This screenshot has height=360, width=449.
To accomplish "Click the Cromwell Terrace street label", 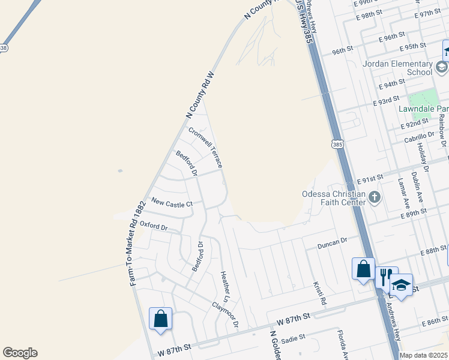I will (206, 147).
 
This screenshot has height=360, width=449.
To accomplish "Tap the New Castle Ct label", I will (172, 204).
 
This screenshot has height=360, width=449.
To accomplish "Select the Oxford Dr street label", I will (154, 226).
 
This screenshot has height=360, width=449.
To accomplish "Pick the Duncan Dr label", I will (333, 242).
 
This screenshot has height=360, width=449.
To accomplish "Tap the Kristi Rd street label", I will (319, 292).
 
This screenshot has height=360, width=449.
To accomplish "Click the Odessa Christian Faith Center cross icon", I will (375, 197).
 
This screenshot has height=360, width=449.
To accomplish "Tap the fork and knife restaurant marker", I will (385, 276).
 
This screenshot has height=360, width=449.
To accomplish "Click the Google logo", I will (20, 353).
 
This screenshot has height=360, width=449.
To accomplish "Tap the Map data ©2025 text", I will (424, 355).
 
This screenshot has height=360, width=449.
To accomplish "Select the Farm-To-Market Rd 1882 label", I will (138, 242).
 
